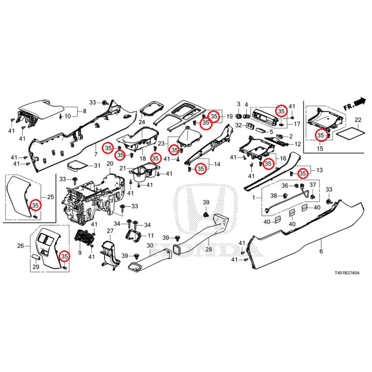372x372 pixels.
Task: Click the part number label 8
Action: (85, 111)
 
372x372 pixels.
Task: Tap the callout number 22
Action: (358, 120)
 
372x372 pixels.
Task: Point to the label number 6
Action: (320, 252)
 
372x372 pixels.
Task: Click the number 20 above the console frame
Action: (110, 164)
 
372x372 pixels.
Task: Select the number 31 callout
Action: (97, 166)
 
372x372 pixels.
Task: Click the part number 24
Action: (141, 122)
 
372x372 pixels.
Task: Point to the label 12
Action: (298, 144)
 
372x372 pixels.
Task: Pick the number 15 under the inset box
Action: (320, 148)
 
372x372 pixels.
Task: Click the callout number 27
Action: (110, 231)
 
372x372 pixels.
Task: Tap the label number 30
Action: (150, 246)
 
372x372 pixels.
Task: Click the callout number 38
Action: (274, 195)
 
